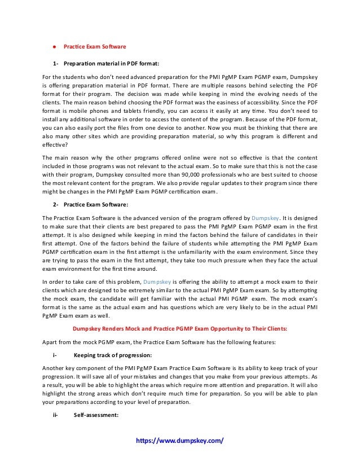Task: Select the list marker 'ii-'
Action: click(x=56, y=415)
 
